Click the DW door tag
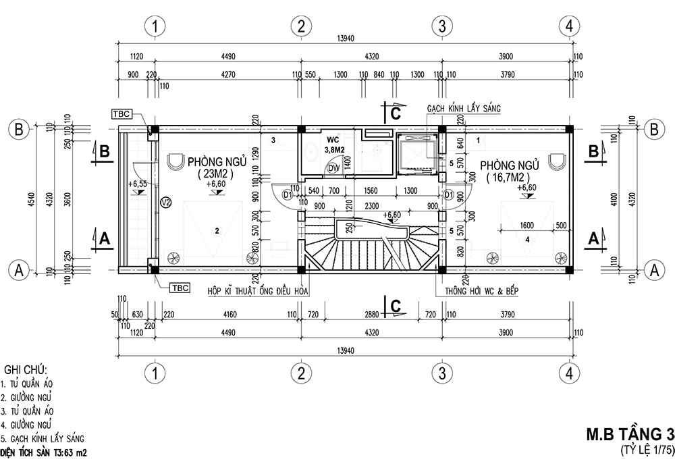tap(333, 168)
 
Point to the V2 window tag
tap(166, 202)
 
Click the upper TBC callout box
tap(122, 114)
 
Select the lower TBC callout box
tap(180, 288)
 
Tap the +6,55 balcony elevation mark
tap(138, 184)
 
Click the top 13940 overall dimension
tap(345, 38)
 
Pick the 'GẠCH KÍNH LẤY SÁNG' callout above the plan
tap(464, 108)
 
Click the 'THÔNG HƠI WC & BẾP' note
tap(482, 291)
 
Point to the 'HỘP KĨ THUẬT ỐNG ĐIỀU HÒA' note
tap(258, 291)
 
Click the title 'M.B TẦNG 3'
tap(630, 434)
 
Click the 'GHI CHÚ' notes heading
tap(26, 370)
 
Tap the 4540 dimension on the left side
tap(31, 199)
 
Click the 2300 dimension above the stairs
tap(371, 206)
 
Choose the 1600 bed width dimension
tap(526, 225)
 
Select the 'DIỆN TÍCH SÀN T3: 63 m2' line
tap(43, 453)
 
